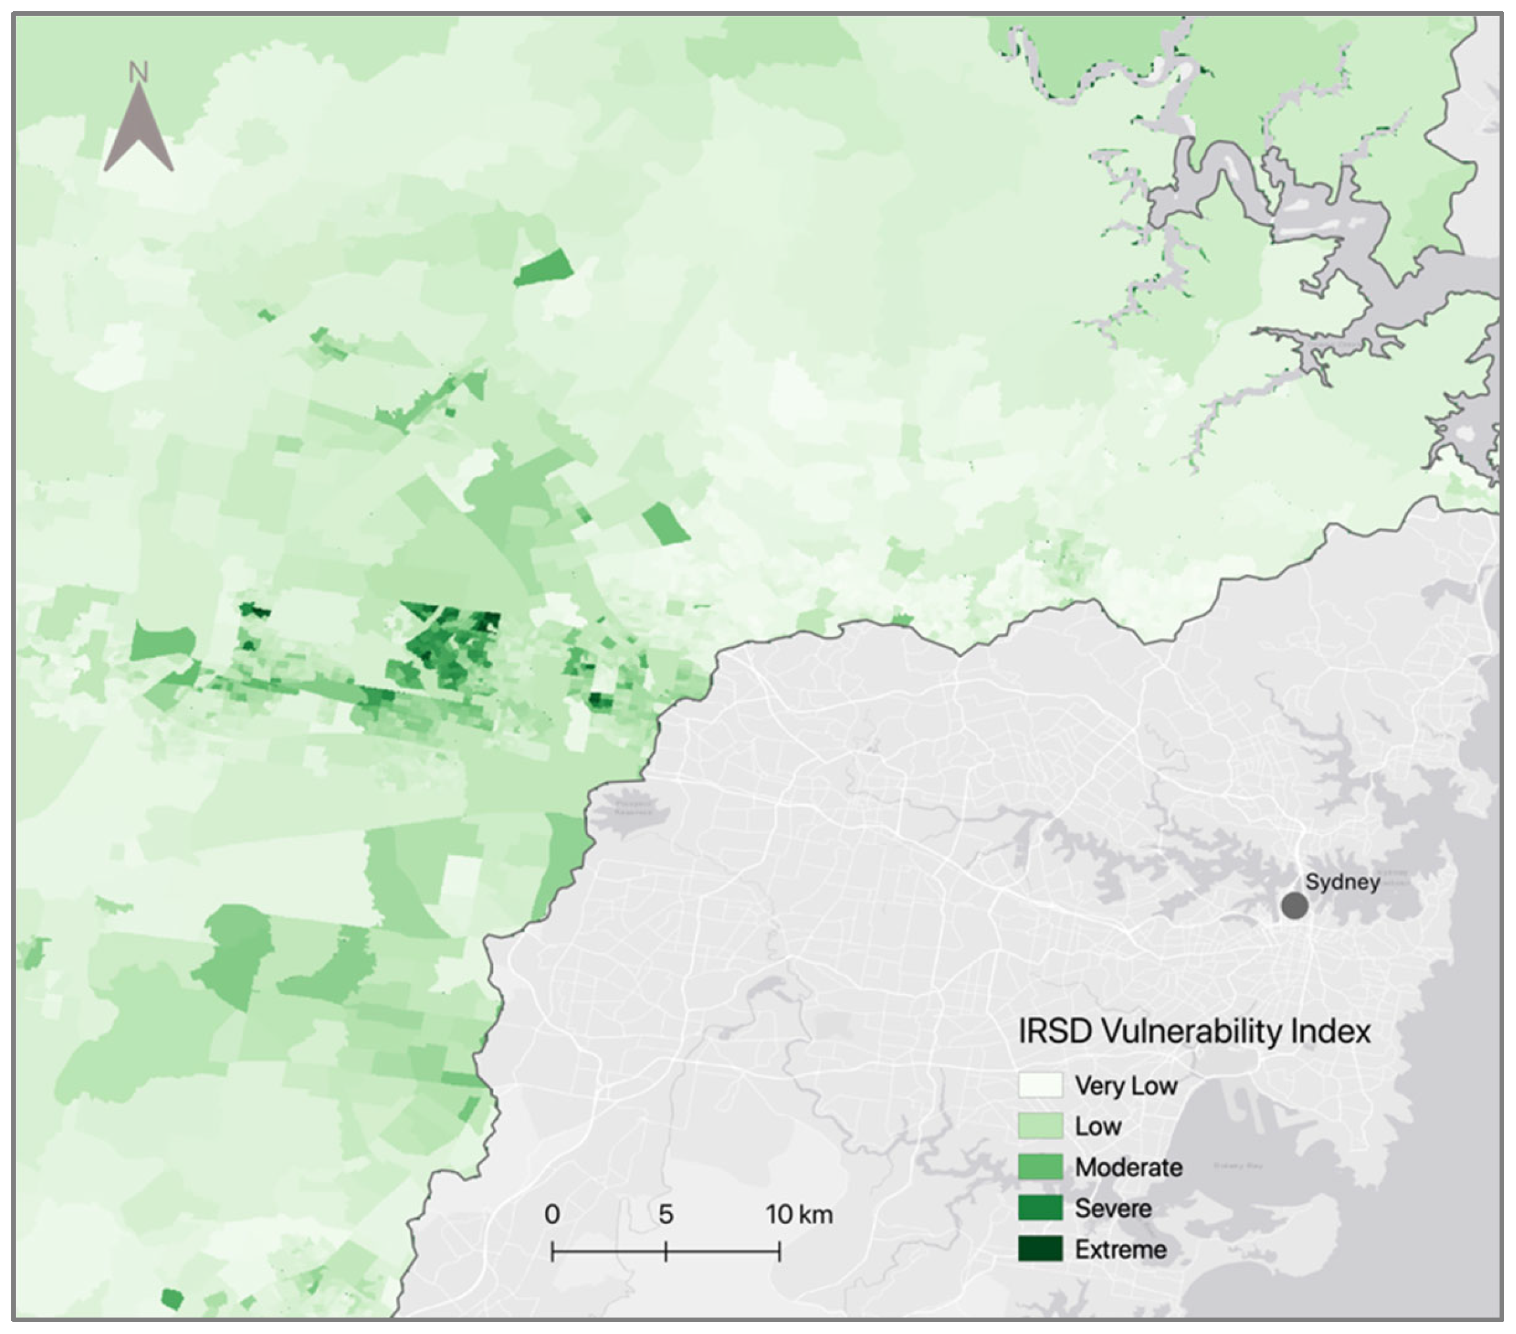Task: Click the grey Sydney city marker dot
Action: point(1294,906)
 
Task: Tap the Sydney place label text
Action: point(1342,882)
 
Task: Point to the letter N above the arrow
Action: point(139,72)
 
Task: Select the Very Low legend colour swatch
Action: point(1040,1085)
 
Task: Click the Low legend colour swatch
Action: point(1040,1125)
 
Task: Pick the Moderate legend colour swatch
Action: point(1040,1166)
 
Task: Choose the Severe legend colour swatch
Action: point(1040,1207)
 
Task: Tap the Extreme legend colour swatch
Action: point(1040,1248)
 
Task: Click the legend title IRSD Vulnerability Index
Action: point(1194,1032)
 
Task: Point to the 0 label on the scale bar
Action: point(552,1214)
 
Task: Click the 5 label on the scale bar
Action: point(665,1214)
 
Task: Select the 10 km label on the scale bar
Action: point(799,1214)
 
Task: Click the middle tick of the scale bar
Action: point(666,1252)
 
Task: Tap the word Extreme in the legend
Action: point(1121,1248)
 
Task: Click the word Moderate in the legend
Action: point(1128,1167)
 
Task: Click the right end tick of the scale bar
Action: point(779,1252)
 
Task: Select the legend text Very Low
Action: point(1126,1085)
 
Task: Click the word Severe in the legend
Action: point(1113,1208)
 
